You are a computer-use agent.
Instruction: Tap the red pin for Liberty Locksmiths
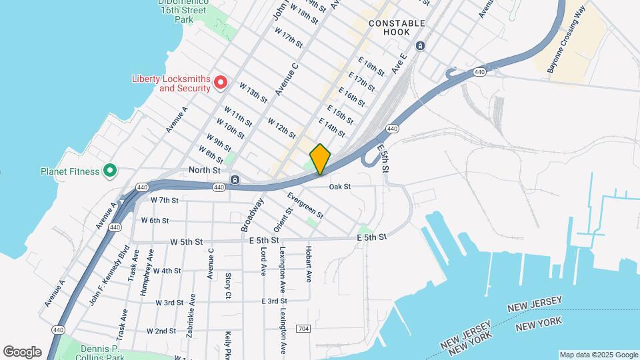[x=221, y=83]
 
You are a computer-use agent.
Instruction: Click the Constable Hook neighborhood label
[x=397, y=27]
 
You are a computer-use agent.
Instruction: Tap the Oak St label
[x=339, y=187]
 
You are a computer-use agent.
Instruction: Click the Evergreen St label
[x=305, y=205]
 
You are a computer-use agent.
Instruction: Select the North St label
[x=204, y=170]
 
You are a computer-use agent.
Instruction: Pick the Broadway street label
[x=252, y=214]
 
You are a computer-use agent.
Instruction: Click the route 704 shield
[x=303, y=329]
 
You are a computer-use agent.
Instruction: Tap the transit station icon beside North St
[x=235, y=179]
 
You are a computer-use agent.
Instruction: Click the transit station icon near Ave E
[x=421, y=45]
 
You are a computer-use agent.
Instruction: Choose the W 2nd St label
[x=161, y=331]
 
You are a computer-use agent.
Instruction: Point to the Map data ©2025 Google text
[x=597, y=355]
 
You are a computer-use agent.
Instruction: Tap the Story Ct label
[x=228, y=285]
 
